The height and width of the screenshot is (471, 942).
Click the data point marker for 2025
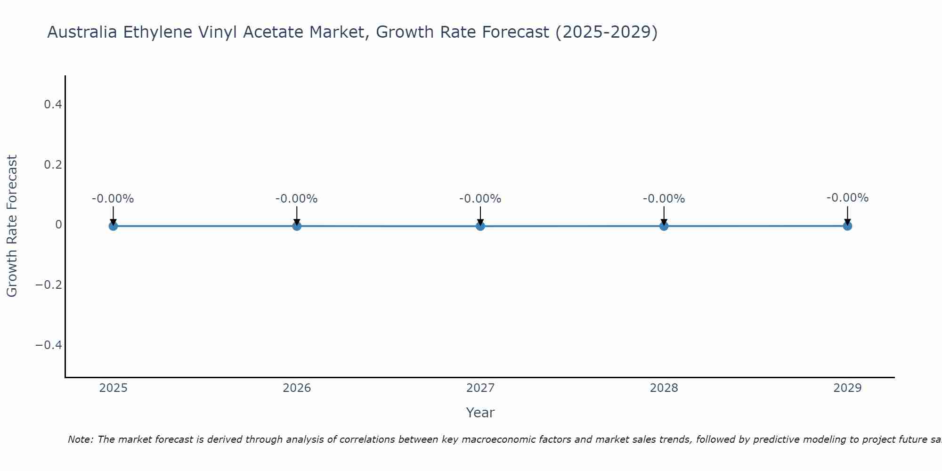[113, 226]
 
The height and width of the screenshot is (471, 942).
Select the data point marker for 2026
[297, 226]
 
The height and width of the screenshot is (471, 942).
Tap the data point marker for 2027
[480, 226]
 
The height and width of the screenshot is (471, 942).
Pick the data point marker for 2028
[664, 226]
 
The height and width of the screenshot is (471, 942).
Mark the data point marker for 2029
[847, 226]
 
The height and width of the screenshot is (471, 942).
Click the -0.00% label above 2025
[113, 199]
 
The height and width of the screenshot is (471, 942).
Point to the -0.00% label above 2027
[480, 199]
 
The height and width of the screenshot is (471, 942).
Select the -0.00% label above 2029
[847, 198]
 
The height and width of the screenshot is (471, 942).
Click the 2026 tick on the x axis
[297, 388]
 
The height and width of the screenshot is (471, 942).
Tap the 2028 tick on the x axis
[664, 388]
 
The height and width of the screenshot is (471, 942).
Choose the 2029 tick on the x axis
[847, 388]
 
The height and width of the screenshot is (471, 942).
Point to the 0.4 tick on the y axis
[53, 104]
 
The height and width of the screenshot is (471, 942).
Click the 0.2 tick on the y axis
[53, 164]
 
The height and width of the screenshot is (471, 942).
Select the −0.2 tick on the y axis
[49, 285]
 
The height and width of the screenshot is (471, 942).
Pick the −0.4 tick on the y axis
[49, 345]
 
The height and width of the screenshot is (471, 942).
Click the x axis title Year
[480, 413]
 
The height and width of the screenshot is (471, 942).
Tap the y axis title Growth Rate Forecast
[12, 226]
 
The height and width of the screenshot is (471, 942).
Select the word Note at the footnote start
[80, 439]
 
